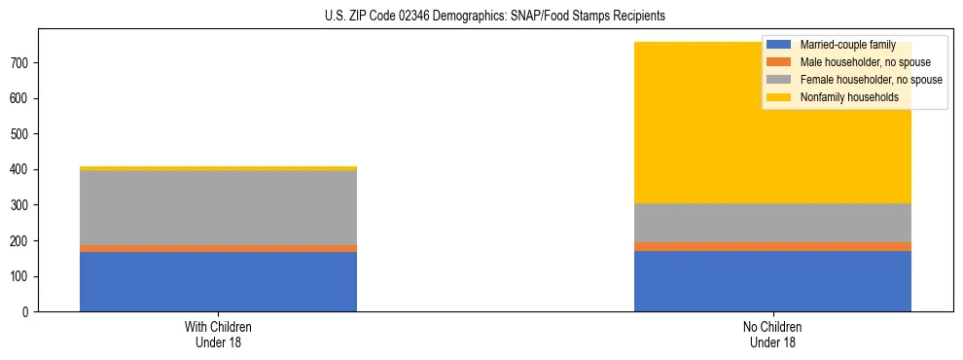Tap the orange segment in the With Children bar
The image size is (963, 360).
tap(218, 249)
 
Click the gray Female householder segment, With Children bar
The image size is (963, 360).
tap(218, 208)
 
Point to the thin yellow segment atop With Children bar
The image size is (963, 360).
tap(218, 168)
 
